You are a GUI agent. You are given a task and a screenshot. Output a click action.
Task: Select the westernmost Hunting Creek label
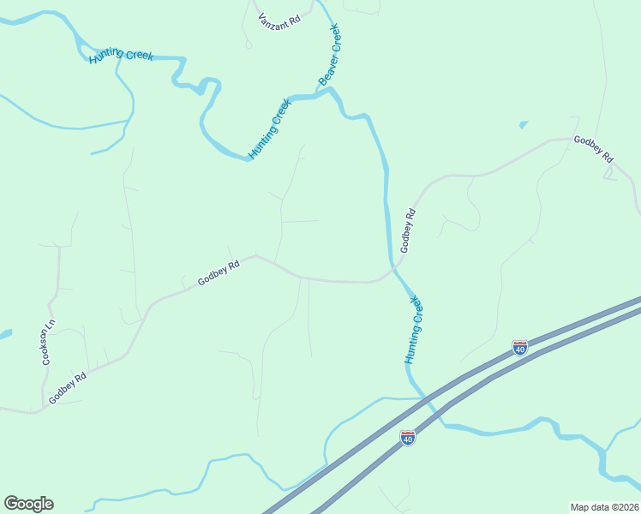[x=120, y=56]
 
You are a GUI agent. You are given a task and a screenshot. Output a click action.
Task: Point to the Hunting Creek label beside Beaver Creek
[x=270, y=128]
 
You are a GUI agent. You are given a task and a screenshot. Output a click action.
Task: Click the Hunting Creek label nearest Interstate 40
[x=415, y=330]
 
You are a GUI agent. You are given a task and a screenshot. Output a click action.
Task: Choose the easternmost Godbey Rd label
[x=594, y=149]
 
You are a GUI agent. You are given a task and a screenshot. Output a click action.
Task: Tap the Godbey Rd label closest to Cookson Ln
[x=69, y=387]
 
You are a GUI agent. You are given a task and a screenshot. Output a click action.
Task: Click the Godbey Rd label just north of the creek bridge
[x=408, y=230]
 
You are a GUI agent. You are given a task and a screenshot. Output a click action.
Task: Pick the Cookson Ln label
[x=49, y=344]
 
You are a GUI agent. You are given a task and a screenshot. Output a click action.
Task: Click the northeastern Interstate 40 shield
[x=520, y=347]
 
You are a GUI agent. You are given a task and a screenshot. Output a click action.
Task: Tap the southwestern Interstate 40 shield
[x=408, y=438]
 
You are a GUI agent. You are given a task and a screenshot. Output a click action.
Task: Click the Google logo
[x=28, y=504]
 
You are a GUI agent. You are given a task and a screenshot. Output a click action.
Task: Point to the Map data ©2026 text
[x=603, y=507]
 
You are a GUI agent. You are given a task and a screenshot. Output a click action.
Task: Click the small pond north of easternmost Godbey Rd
[x=523, y=125]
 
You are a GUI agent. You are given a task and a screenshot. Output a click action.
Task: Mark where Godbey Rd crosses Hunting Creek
[x=395, y=267]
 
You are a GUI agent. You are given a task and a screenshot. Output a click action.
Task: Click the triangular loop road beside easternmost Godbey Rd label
[x=610, y=174]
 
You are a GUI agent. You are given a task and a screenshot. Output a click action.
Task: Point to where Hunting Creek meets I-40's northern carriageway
[x=423, y=397]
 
